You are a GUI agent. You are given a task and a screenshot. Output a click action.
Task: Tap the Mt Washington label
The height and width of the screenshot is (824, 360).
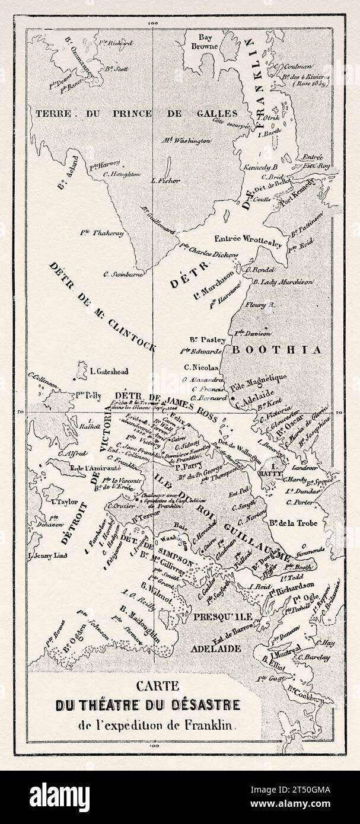pyautogui.click(x=186, y=141)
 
